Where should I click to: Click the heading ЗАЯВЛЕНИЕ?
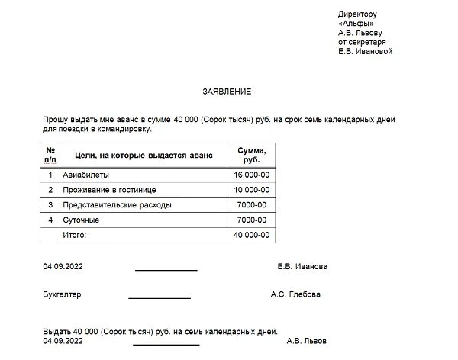coord(227,92)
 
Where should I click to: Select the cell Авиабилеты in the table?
coord(83,175)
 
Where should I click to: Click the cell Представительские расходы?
coord(116,205)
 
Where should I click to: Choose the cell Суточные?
coord(80,220)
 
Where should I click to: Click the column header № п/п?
coord(50,156)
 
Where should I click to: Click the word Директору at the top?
coord(357,14)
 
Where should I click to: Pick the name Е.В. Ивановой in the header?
coord(365,51)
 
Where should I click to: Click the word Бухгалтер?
coord(62,294)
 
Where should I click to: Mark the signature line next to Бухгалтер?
coord(159,297)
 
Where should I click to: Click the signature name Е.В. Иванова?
coord(303,267)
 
